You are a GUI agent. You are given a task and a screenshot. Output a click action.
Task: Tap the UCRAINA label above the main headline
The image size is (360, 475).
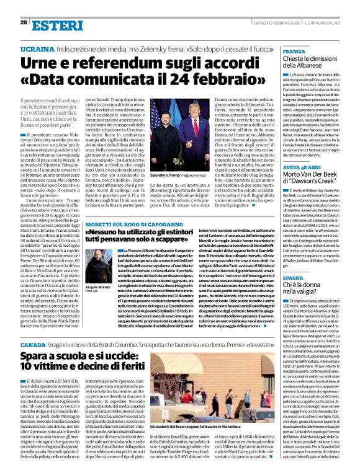point(37,48)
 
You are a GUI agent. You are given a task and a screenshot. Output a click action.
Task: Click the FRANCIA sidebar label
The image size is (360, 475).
point(295,51)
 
